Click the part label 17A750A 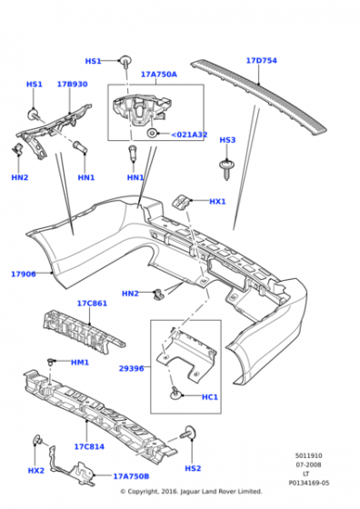pyautogui.click(x=159, y=75)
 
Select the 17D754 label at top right pyautogui.click(x=262, y=61)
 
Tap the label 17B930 pyautogui.click(x=72, y=85)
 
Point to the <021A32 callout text pyautogui.click(x=189, y=135)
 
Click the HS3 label pyautogui.click(x=227, y=140)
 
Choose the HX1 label pyautogui.click(x=218, y=202)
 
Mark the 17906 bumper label pyautogui.click(x=24, y=274)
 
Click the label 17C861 pyautogui.click(x=92, y=303)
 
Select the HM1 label pyautogui.click(x=80, y=363)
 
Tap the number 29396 pyautogui.click(x=132, y=369)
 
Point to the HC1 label pyautogui.click(x=210, y=396)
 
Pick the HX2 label pyautogui.click(x=36, y=471)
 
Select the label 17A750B pyautogui.click(x=132, y=475)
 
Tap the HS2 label pyautogui.click(x=193, y=468)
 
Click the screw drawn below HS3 pyautogui.click(x=225, y=166)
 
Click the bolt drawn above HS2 pyautogui.click(x=189, y=436)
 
